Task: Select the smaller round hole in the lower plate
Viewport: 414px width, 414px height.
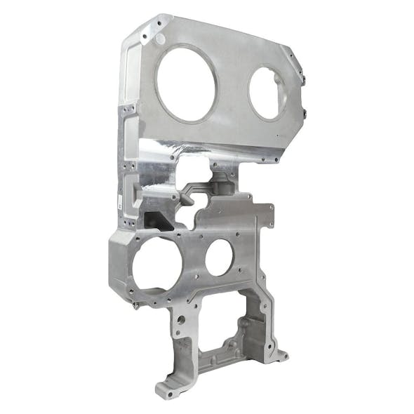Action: coord(218,258)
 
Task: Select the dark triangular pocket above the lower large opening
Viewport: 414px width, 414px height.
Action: coord(159,220)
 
